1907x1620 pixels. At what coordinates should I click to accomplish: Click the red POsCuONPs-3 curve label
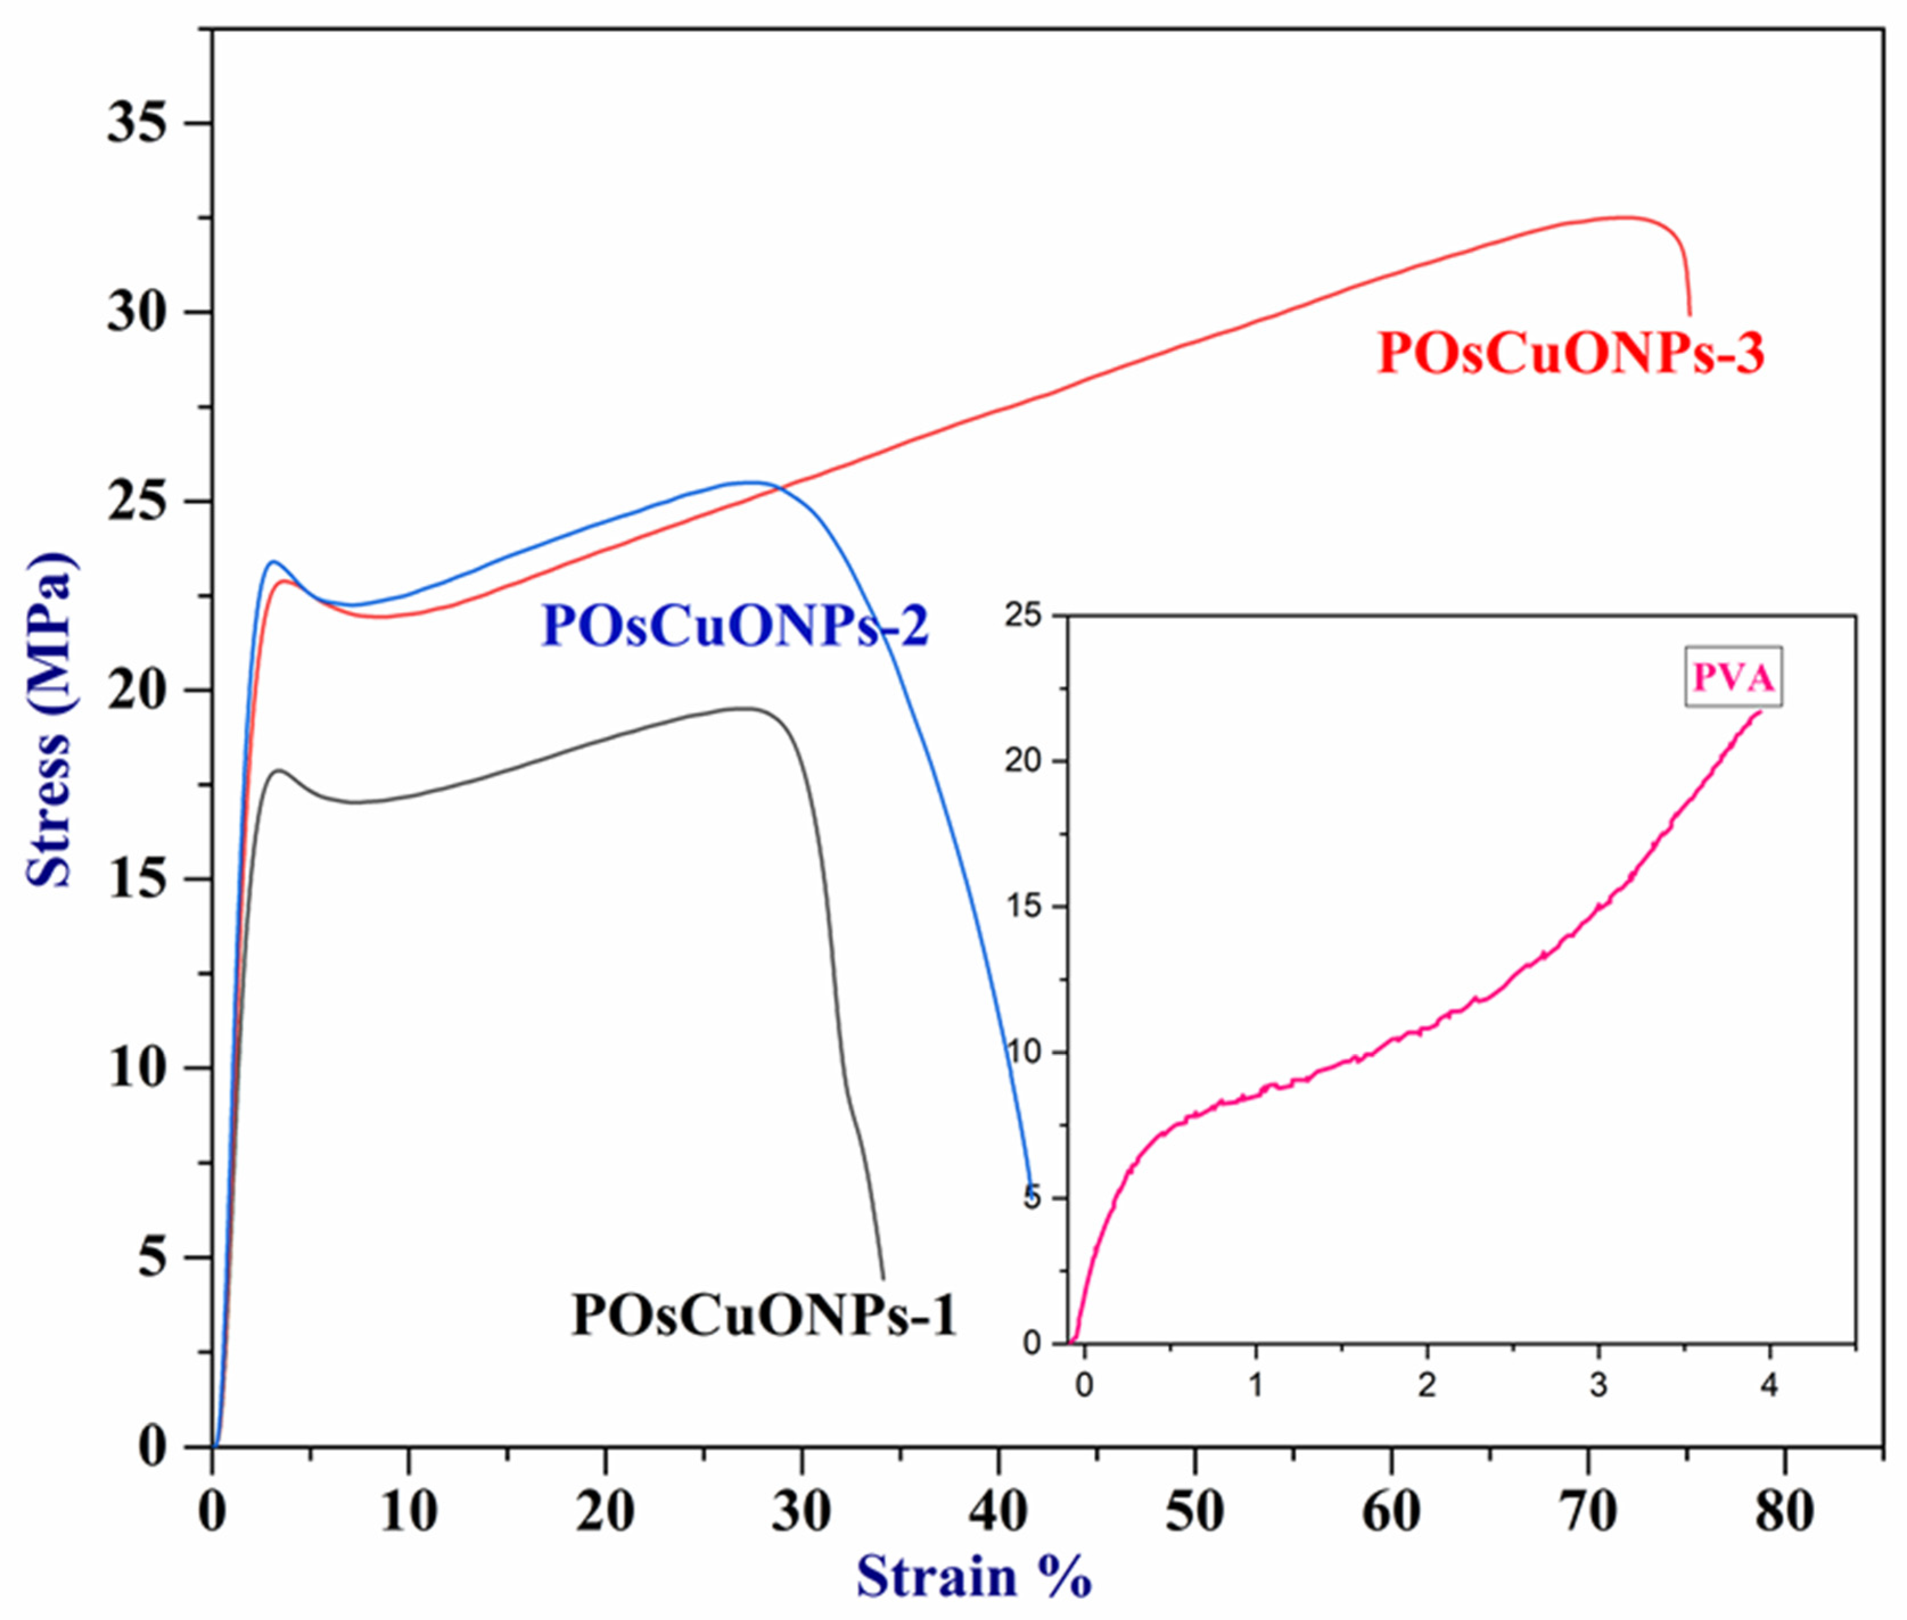pos(1570,353)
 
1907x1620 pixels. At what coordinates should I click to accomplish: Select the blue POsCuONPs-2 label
pos(735,626)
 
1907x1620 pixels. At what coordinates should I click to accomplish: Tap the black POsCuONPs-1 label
pos(764,1314)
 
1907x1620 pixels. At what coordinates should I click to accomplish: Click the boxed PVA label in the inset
pos(1732,678)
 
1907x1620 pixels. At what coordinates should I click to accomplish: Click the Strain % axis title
pos(974,1576)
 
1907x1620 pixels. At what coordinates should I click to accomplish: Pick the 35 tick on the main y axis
pos(138,122)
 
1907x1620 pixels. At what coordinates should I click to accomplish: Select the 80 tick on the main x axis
pos(1784,1511)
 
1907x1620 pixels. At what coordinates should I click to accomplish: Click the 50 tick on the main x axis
pos(1194,1511)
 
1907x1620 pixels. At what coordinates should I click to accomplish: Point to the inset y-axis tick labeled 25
pos(1023,615)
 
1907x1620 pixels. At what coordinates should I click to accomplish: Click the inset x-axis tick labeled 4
pos(1769,1385)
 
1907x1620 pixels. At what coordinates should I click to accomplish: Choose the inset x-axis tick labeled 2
pos(1427,1385)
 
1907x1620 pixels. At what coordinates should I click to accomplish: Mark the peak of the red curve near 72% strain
pos(1626,218)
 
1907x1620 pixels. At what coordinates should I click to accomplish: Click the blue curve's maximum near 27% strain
pos(753,482)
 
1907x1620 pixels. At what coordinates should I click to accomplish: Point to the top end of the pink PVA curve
pos(1759,711)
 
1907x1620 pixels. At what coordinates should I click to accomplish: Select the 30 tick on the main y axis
pos(138,312)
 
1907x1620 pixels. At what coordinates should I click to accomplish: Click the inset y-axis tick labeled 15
pos(1023,906)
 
